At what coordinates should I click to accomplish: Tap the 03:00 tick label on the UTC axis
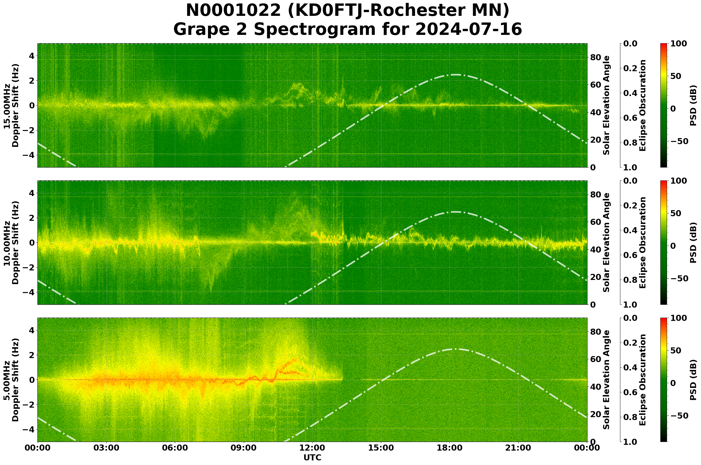click(x=106, y=448)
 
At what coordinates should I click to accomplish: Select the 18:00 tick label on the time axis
click(x=450, y=448)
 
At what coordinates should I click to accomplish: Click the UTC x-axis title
click(x=312, y=458)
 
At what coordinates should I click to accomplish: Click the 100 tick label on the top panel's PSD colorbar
click(x=679, y=44)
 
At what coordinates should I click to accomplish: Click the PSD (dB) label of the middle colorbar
click(x=693, y=242)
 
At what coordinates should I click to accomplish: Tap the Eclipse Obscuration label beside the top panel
click(x=642, y=105)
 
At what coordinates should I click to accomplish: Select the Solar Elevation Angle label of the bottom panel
click(x=606, y=380)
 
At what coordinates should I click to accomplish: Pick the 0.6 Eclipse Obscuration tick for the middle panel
click(x=631, y=255)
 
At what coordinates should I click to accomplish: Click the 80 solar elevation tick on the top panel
click(x=596, y=57)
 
